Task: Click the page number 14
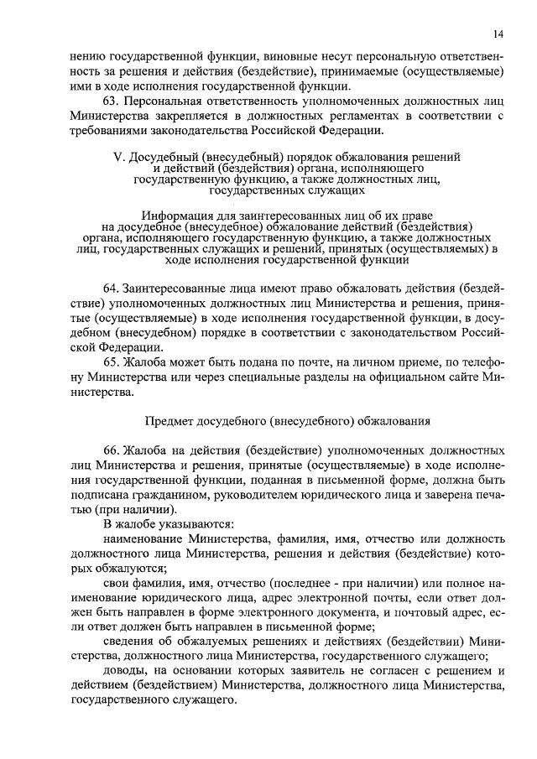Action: (498, 34)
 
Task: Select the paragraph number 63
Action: (109, 101)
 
